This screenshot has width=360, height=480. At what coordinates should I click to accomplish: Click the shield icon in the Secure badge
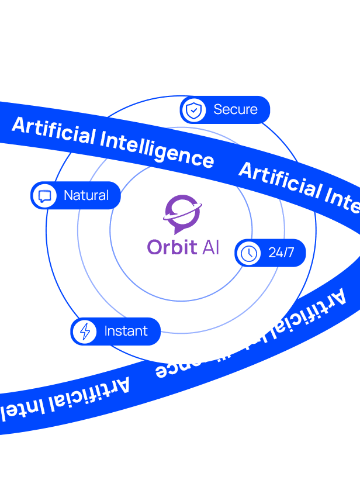(x=193, y=110)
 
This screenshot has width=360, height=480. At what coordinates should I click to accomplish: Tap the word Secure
(x=236, y=109)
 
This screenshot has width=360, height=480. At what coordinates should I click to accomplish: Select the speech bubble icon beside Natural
(x=44, y=195)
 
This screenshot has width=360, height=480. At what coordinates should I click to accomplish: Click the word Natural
(x=86, y=195)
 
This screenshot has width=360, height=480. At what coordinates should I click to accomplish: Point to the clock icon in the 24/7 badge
(x=249, y=253)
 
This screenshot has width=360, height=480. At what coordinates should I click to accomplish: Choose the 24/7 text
(x=281, y=253)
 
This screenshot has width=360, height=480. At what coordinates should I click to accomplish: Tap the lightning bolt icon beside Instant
(x=85, y=331)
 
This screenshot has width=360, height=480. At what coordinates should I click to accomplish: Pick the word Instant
(x=126, y=331)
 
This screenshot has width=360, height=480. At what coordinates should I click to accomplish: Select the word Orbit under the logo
(x=172, y=247)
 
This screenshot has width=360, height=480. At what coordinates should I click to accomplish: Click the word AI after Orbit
(x=210, y=247)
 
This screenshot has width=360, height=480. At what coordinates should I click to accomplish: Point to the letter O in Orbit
(x=155, y=247)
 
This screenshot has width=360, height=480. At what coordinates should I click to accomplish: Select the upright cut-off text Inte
(x=338, y=198)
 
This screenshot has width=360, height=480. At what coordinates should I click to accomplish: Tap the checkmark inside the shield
(x=193, y=110)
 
